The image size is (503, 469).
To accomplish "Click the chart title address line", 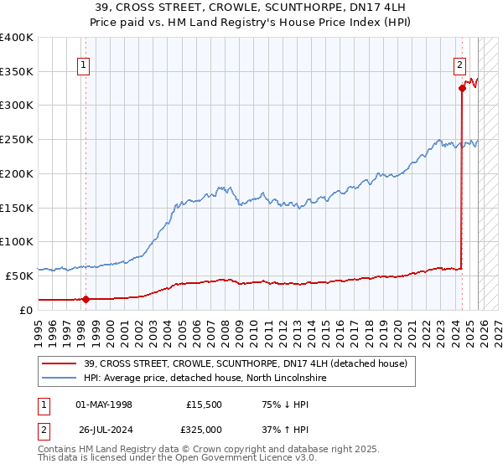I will pos(251,8).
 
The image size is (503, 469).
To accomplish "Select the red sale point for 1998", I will pos(86,298).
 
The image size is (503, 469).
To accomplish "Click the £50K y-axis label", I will pos(19,275).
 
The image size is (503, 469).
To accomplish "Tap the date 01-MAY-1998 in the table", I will pos(104,405).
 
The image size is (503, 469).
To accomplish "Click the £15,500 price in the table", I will pos(204,405).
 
